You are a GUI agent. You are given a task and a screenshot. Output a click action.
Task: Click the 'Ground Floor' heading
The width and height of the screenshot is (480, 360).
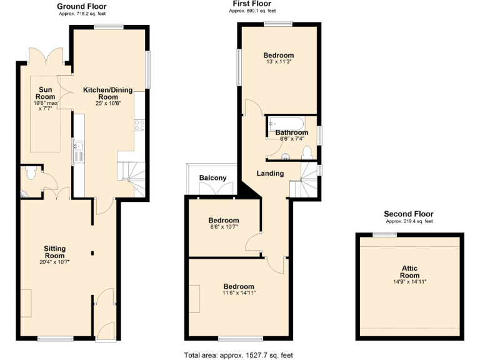81,6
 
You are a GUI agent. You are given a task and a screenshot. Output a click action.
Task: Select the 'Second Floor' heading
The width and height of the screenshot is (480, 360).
408,214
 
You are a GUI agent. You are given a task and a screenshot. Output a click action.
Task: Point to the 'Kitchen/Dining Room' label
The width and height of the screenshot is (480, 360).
109,93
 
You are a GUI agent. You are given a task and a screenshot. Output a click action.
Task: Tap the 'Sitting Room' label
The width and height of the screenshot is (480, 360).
55,252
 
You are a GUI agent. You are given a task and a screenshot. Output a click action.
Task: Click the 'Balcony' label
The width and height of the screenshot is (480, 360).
212,178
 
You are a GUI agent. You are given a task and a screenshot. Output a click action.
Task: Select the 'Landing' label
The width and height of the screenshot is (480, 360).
270,173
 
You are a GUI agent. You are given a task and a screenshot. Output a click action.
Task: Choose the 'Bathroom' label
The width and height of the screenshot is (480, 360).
291,132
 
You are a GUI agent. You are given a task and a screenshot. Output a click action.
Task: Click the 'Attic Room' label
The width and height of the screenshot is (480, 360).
410,271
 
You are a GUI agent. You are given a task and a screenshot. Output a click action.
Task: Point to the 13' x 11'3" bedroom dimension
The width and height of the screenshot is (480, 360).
279,62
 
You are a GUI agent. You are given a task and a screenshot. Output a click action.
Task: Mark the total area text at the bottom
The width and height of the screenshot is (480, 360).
238,354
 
